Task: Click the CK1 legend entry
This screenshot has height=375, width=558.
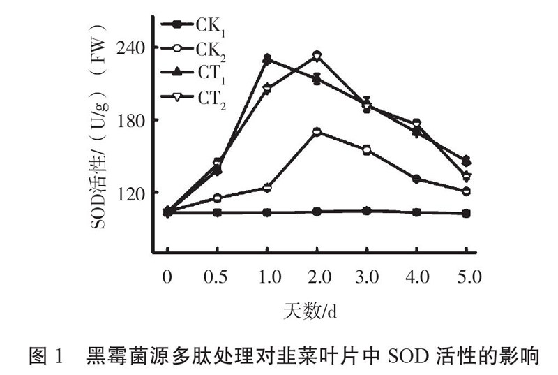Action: [192, 27]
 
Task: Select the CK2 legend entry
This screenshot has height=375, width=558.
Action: [192, 50]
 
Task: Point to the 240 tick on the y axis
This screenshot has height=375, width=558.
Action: [129, 47]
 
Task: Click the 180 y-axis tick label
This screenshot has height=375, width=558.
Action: [129, 120]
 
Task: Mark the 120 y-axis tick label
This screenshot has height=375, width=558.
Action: [129, 193]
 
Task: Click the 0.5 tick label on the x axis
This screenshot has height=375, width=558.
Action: [217, 277]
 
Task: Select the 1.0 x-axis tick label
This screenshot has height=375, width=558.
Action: [266, 277]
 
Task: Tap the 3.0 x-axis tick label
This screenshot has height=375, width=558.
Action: [366, 277]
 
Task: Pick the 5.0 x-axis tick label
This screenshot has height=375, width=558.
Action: [467, 277]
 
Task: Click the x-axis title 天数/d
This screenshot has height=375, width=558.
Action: [315, 308]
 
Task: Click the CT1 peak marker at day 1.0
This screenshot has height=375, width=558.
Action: [266, 59]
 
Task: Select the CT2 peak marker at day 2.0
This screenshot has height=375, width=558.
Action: [317, 55]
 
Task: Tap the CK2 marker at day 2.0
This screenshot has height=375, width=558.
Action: [317, 131]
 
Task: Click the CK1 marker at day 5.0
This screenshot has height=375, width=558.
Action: [467, 213]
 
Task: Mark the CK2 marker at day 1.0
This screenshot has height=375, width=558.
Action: [266, 188]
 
